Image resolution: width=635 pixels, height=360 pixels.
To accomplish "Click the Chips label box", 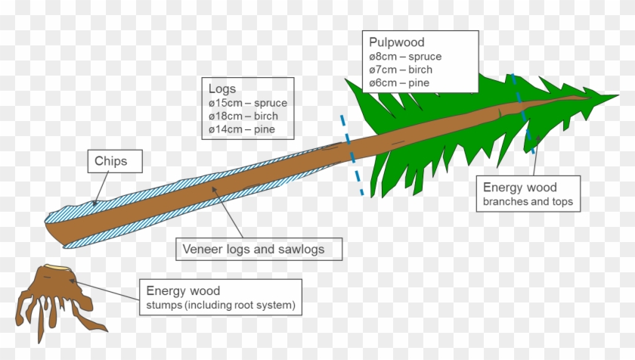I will [110, 161].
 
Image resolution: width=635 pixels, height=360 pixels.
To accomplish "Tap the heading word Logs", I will [222, 88].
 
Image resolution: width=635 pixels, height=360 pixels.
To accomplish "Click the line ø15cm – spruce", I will [247, 103].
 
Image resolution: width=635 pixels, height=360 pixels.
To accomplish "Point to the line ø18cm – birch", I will [243, 116].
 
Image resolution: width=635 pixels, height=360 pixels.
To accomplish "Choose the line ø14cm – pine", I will [241, 130].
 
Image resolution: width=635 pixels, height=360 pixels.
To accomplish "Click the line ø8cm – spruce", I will [404, 56].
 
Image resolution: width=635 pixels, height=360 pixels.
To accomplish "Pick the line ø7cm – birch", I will [400, 70].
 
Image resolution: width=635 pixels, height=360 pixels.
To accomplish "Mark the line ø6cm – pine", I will [399, 82].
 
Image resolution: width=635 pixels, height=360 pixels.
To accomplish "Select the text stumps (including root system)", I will [221, 306].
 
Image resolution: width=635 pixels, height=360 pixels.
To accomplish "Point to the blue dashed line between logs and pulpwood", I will [352, 155].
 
